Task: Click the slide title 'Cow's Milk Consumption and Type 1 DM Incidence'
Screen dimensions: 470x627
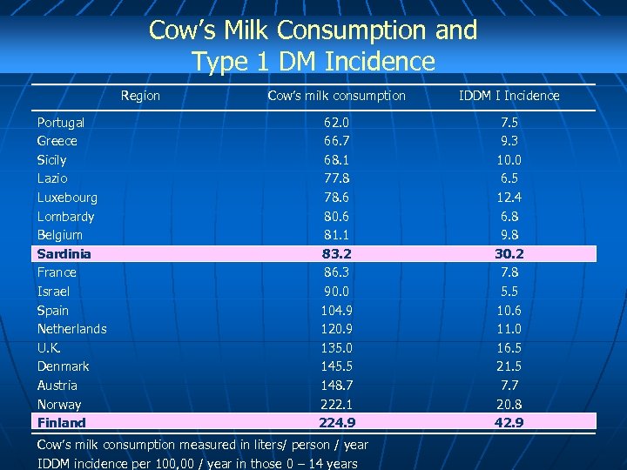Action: (313, 45)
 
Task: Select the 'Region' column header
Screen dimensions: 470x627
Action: (140, 96)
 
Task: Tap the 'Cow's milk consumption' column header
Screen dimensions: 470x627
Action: (336, 96)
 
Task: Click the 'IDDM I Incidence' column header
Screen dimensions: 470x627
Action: (509, 96)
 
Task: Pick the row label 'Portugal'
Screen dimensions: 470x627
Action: (61, 123)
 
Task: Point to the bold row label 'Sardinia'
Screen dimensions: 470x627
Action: (64, 254)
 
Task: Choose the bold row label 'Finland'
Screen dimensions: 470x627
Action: (62, 423)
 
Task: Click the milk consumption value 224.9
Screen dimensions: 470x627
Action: (336, 423)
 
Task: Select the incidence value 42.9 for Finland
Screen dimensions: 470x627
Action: (509, 423)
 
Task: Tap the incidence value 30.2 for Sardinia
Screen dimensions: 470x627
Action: (509, 254)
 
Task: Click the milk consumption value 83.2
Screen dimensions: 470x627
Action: (336, 254)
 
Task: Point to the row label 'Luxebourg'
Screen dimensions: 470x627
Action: (67, 198)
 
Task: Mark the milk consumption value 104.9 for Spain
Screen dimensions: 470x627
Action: (336, 311)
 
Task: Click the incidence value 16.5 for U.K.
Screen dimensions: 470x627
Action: (509, 348)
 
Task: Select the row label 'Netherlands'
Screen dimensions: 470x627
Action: (72, 329)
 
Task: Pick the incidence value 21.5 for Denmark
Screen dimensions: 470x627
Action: (509, 366)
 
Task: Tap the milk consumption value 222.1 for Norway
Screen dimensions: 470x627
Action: (336, 405)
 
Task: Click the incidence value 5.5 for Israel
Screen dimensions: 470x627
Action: (509, 292)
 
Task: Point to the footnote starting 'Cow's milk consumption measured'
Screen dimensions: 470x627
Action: (202, 445)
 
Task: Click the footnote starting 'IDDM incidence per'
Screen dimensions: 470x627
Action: (197, 463)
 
